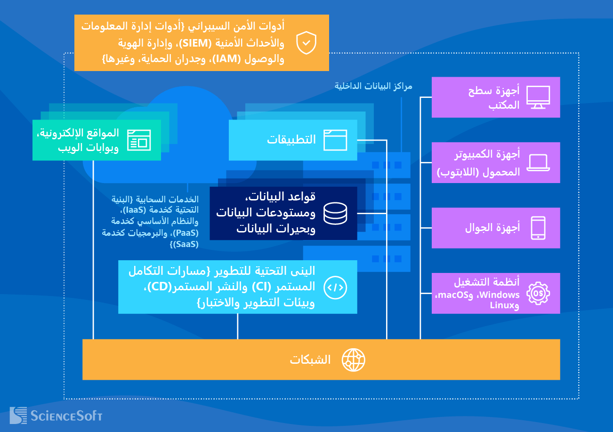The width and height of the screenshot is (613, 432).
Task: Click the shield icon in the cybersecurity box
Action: (306, 43)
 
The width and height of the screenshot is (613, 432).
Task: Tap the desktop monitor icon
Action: (538, 97)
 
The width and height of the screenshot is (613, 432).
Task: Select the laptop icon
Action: (538, 163)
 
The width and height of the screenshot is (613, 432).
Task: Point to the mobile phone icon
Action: (538, 228)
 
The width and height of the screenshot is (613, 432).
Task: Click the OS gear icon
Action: (538, 293)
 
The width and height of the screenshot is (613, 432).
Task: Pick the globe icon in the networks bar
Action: (353, 360)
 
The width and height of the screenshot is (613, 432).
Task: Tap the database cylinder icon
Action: (335, 213)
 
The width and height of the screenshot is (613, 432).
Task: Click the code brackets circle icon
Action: (335, 287)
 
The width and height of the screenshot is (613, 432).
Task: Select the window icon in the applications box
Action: (335, 140)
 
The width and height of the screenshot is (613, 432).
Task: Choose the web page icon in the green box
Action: (139, 140)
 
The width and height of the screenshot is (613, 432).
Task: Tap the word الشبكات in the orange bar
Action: (310, 360)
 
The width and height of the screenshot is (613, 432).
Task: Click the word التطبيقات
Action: (291, 140)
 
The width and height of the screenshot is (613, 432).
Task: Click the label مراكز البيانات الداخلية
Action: (373, 86)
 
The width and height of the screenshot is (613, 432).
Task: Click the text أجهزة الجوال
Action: (492, 228)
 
